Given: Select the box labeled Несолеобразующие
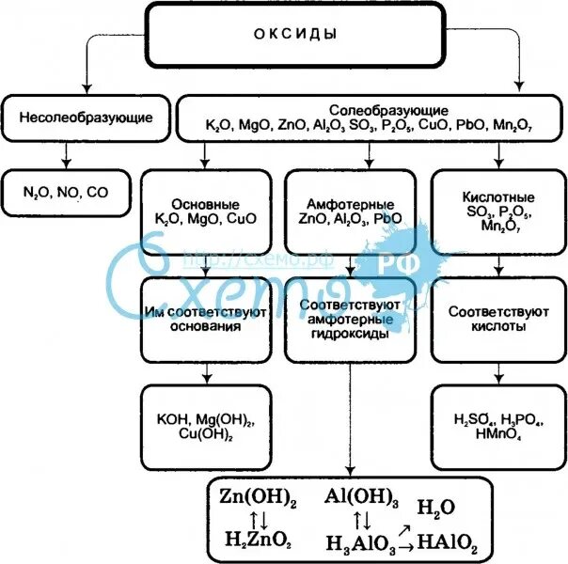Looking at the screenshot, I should point(86,118).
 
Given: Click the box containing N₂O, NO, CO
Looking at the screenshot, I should point(66,192).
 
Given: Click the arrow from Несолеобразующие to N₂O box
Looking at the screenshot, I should point(66,153).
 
